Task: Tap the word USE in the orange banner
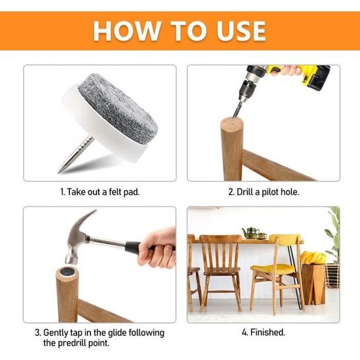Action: point(241,31)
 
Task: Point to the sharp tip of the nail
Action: point(59,171)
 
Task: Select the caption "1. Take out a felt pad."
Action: point(100,192)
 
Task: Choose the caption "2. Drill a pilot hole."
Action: point(264,192)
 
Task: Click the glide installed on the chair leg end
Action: point(67,272)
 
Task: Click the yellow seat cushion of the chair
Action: point(272,268)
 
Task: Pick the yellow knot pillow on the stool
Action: point(314,257)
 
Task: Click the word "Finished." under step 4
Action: point(268,333)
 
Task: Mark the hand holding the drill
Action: point(286,70)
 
